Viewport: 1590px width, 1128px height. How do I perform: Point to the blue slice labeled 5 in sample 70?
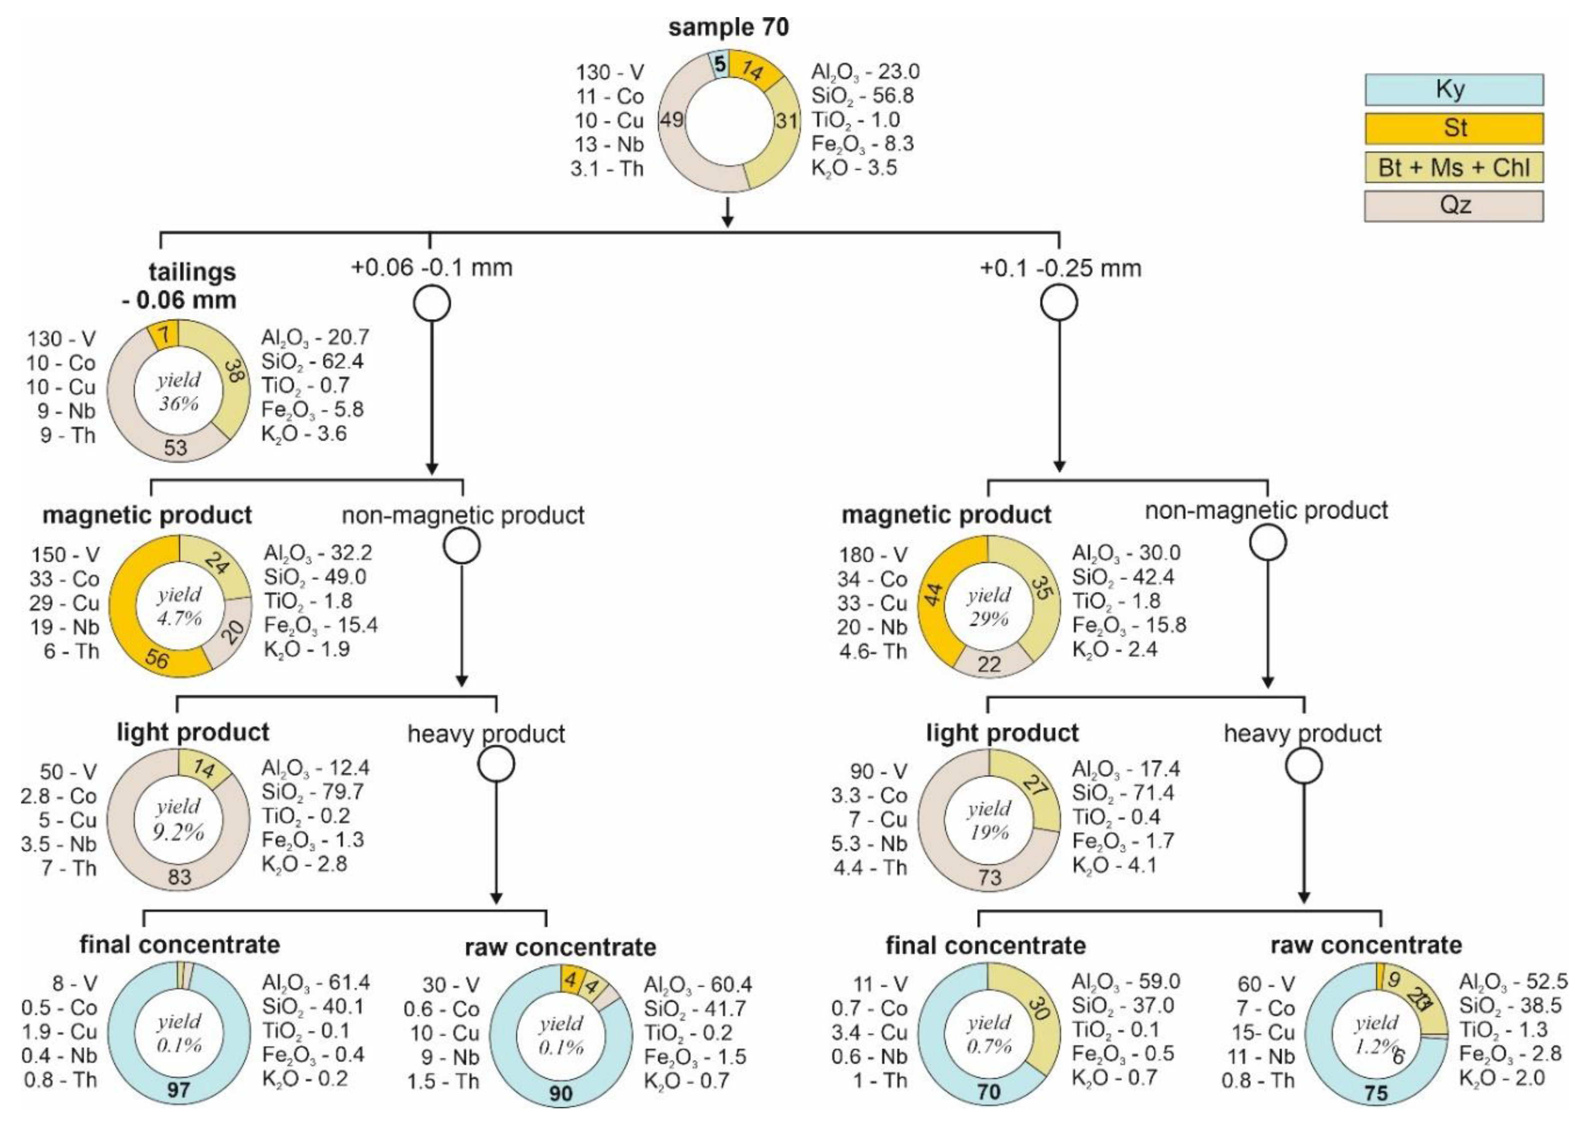tap(719, 65)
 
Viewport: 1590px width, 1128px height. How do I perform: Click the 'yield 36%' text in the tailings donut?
tap(179, 391)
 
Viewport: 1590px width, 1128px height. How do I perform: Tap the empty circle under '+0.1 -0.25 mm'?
tap(1059, 303)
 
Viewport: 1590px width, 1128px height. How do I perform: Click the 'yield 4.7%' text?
tap(179, 606)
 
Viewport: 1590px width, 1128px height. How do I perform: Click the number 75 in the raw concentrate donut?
tap(1376, 1092)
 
